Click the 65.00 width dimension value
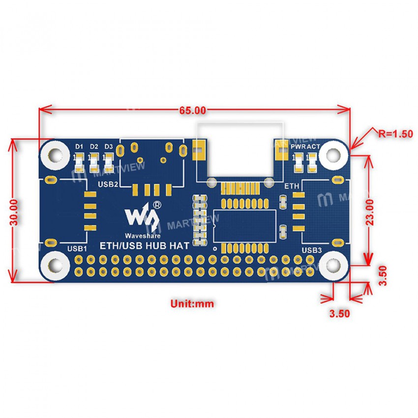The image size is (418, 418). click(x=193, y=111)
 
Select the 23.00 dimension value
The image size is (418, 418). click(x=370, y=211)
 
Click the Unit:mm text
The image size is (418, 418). click(x=192, y=303)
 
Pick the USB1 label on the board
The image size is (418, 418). click(x=77, y=249)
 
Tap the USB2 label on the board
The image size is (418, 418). click(x=108, y=185)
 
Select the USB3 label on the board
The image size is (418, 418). click(x=311, y=250)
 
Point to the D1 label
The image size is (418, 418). click(x=79, y=147)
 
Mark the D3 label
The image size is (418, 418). click(x=109, y=147)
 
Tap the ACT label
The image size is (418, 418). click(x=313, y=147)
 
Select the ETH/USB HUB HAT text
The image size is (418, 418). click(x=145, y=246)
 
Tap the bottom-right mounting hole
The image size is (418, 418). click(x=332, y=266)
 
